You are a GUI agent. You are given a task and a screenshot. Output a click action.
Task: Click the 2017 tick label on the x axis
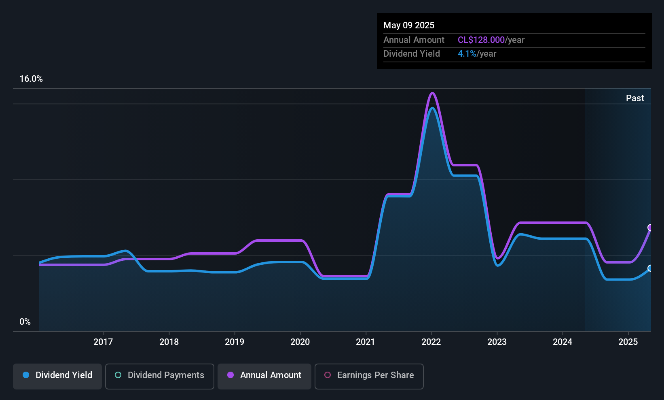[103, 342]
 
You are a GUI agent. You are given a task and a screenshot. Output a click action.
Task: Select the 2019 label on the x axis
[235, 342]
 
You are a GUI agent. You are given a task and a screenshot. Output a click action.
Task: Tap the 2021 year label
[366, 342]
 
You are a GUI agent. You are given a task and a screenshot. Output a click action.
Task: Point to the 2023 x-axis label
[497, 342]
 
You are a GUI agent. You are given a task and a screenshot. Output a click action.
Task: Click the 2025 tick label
[628, 342]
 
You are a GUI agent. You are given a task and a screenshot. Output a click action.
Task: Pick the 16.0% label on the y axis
[31, 79]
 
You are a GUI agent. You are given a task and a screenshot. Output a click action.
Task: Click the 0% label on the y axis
[25, 322]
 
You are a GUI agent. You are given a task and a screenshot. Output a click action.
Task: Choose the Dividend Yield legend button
[57, 376]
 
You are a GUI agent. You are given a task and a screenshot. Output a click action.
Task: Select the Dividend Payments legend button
[159, 376]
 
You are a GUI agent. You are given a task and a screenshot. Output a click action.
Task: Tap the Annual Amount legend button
[264, 376]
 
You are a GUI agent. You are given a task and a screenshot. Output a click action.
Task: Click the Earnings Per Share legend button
[369, 376]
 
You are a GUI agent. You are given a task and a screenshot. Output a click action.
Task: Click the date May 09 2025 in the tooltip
[409, 25]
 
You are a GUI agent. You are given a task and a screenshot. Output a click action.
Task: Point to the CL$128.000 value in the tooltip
[481, 40]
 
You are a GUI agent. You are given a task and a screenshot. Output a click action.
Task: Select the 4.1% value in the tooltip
[467, 54]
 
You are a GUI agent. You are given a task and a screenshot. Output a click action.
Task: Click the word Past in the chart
[635, 98]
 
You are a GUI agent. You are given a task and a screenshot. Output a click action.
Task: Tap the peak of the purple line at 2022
[432, 93]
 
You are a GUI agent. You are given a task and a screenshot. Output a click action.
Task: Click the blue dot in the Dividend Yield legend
[26, 375]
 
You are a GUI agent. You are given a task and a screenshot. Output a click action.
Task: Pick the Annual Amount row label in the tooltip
[414, 40]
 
